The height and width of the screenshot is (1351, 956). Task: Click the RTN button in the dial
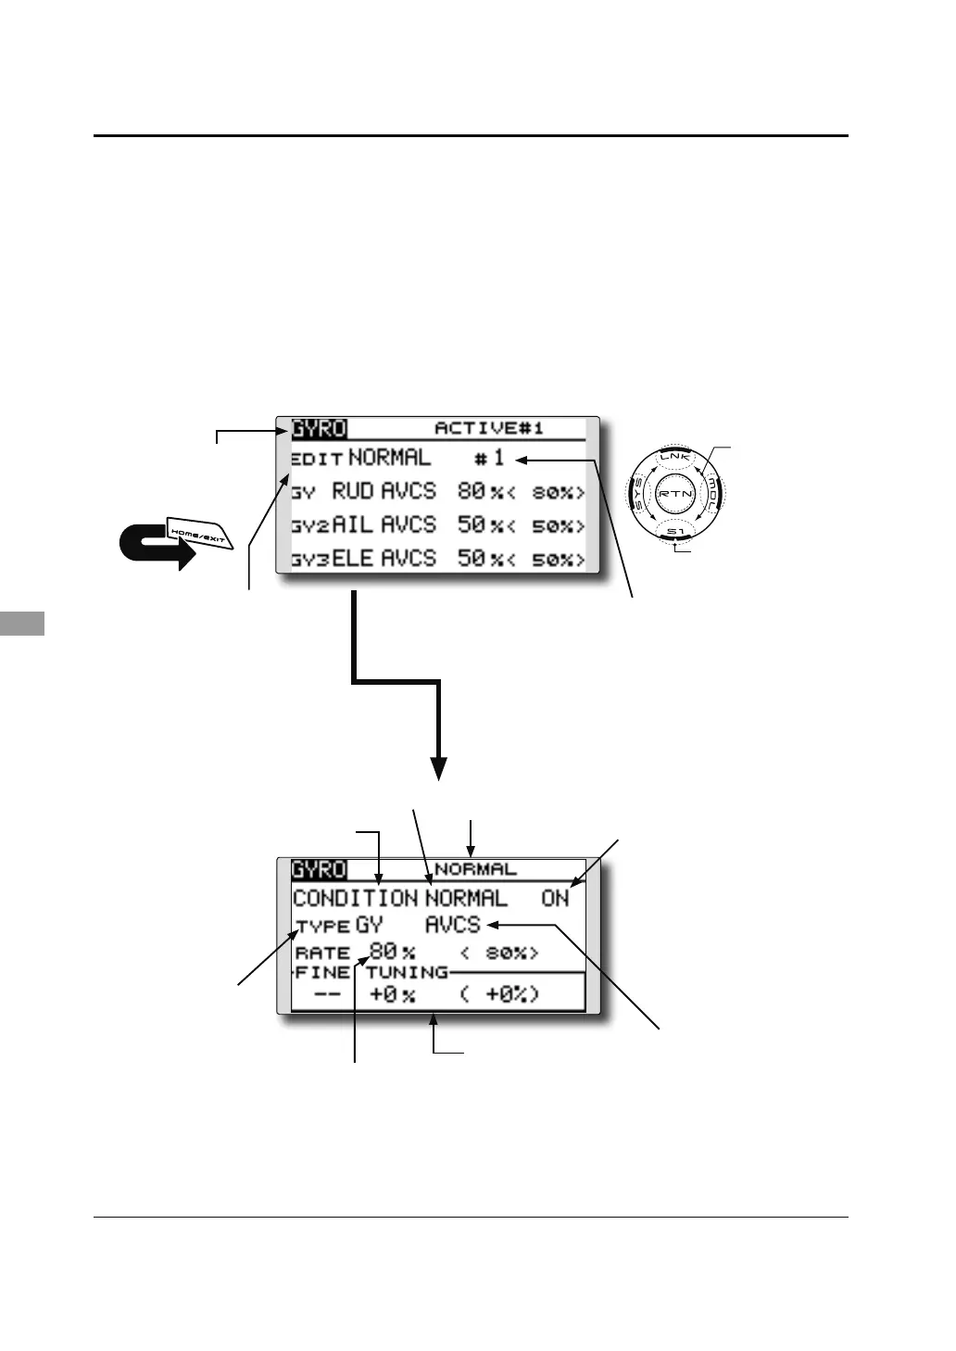(x=674, y=494)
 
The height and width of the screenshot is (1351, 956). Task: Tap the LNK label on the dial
(x=674, y=457)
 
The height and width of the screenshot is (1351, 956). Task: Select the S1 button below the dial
(x=674, y=532)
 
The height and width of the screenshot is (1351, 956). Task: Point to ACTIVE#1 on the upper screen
(x=488, y=428)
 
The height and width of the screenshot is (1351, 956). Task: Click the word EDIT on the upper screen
(x=317, y=459)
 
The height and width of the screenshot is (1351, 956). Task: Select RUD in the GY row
(x=353, y=491)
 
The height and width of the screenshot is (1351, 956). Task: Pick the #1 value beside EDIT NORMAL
(x=490, y=458)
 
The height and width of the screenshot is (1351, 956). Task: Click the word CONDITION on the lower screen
(x=355, y=898)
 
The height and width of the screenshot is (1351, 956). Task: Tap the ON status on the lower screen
(x=555, y=898)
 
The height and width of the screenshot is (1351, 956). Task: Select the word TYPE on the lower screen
(x=322, y=926)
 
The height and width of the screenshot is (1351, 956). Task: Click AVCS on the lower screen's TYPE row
(x=453, y=925)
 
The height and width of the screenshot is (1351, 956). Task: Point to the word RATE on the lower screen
(x=322, y=953)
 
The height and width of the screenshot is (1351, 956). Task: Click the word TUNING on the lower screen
(x=407, y=972)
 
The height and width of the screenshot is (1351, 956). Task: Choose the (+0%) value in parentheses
(x=499, y=995)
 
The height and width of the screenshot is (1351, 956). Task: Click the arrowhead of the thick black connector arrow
(x=438, y=769)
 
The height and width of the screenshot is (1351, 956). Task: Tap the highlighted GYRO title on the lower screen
(x=319, y=869)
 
